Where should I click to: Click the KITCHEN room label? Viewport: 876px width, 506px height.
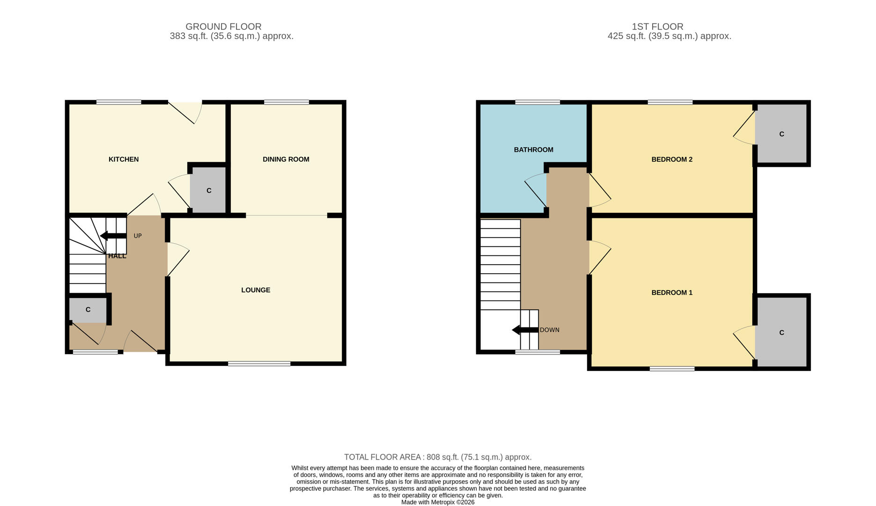[x=124, y=159]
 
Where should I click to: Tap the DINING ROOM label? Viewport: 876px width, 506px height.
[x=286, y=159]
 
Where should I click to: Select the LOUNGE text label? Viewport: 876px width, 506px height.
[x=256, y=290]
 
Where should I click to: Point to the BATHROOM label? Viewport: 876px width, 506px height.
[x=533, y=150]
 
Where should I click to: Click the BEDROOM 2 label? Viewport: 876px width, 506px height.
[x=671, y=159]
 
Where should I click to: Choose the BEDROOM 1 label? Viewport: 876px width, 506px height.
[x=671, y=293]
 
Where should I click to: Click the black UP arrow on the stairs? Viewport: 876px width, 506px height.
[x=113, y=236]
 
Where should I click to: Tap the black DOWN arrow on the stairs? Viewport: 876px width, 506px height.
[x=525, y=330]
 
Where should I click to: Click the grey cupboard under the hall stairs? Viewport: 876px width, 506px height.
[x=88, y=310]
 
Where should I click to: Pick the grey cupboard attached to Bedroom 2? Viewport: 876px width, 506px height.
[x=781, y=134]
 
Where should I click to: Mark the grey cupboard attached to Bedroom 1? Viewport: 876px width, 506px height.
[x=781, y=333]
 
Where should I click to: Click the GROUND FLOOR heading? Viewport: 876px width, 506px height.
[x=223, y=27]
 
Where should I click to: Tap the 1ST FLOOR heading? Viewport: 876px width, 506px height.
[x=657, y=27]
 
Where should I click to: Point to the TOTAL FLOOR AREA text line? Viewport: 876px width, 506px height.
[x=438, y=457]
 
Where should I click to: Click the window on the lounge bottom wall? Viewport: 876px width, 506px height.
[x=259, y=364]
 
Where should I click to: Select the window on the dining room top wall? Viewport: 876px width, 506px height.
[x=286, y=102]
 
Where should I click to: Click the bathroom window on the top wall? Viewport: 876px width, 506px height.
[x=537, y=102]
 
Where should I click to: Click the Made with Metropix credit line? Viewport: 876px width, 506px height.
[x=438, y=502]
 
